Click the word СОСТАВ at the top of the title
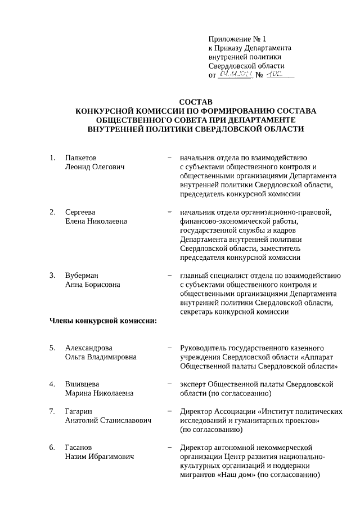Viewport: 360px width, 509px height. point(196,101)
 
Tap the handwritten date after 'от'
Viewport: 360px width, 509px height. point(235,74)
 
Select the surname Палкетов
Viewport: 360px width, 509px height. point(80,157)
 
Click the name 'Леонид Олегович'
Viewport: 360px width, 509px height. point(94,166)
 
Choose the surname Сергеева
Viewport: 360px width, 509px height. point(80,212)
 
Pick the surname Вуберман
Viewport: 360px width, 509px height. point(82,275)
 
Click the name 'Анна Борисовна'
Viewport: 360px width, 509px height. point(92,284)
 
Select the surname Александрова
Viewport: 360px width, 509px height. point(88,348)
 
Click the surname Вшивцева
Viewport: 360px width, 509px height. point(82,384)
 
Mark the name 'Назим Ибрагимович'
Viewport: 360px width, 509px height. point(99,457)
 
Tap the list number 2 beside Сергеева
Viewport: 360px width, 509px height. point(52,212)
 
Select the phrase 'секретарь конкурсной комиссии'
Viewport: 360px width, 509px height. point(234,312)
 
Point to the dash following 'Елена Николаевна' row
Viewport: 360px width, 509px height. point(169,212)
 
